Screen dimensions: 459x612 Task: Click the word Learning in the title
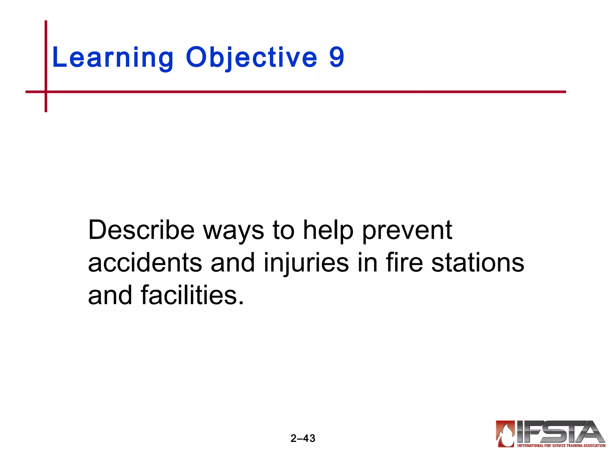[x=112, y=57]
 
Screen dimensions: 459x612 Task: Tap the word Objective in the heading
[x=251, y=57]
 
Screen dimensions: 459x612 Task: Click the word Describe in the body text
[x=141, y=230]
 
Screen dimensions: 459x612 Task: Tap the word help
[x=328, y=231]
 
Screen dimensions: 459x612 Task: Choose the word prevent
[x=407, y=231]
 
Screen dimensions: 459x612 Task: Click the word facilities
[x=192, y=295]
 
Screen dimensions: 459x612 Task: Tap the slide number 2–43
[x=303, y=438]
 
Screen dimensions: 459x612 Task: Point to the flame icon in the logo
[x=505, y=434]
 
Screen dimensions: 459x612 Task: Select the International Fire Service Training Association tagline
[x=561, y=446]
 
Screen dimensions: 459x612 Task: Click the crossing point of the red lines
[x=46, y=92]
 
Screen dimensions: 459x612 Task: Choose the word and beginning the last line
[x=110, y=295]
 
